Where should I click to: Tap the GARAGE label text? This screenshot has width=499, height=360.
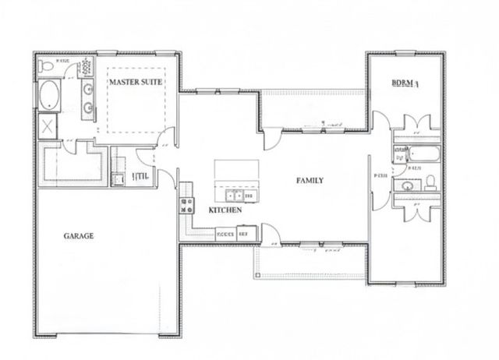(78, 235)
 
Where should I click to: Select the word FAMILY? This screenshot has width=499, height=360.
(310, 181)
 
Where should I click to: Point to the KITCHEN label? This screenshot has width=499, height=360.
(225, 210)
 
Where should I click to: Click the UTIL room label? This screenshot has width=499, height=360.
(142, 177)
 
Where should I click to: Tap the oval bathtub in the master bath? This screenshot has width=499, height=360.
(48, 97)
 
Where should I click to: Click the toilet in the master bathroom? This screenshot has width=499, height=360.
(47, 67)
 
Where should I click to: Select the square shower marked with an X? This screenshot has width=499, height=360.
(47, 126)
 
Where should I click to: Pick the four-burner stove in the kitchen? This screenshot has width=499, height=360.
(187, 206)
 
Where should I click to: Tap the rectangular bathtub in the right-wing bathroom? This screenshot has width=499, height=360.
(419, 154)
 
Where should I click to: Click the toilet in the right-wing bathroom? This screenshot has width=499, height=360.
(430, 184)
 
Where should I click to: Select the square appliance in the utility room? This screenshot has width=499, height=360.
(119, 179)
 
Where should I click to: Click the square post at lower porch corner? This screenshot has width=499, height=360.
(254, 276)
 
